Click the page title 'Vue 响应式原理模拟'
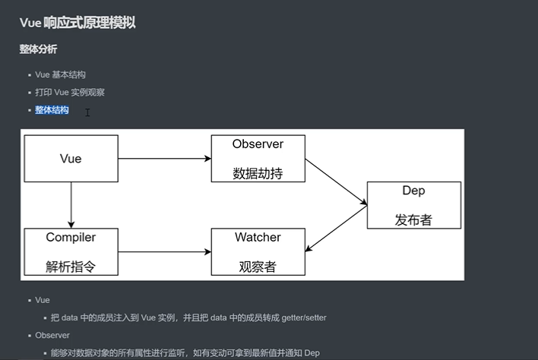(x=78, y=23)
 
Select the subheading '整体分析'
(x=38, y=49)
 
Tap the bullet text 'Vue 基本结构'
(x=60, y=74)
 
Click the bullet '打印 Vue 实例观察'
(x=69, y=92)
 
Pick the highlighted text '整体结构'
(x=52, y=110)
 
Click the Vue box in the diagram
(x=71, y=159)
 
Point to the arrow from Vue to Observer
(x=165, y=159)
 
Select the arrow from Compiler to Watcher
(x=165, y=251)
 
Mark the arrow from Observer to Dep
(x=336, y=181)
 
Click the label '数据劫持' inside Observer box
(x=258, y=172)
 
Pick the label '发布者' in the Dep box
(x=413, y=219)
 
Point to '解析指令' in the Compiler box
(x=71, y=266)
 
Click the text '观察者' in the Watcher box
(x=258, y=266)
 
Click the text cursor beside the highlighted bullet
(x=87, y=112)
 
